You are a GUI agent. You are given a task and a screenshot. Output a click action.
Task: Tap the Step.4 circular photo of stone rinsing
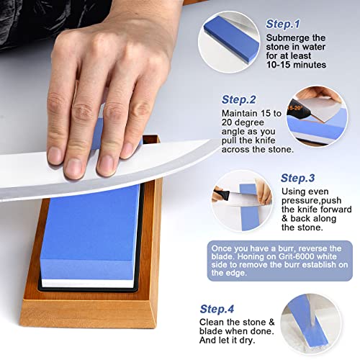tap(315, 320)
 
